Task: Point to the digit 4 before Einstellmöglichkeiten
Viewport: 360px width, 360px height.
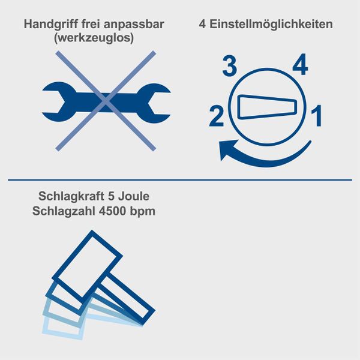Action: [x=202, y=25]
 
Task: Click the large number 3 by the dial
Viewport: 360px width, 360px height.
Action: [x=229, y=66]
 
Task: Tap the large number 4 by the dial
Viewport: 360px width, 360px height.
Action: [x=299, y=65]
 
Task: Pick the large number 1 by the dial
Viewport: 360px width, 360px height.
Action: [x=316, y=116]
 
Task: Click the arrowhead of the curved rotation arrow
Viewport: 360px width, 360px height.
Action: [x=227, y=149]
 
